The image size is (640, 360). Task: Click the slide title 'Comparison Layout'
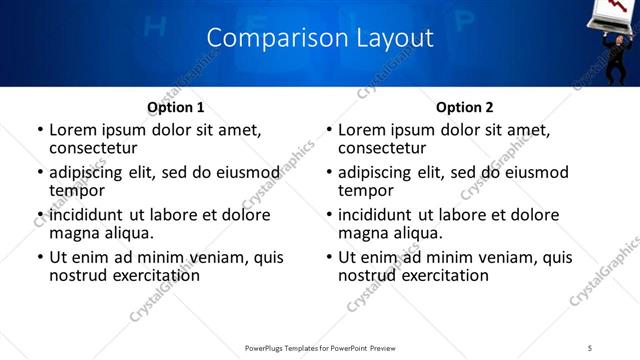pyautogui.click(x=320, y=38)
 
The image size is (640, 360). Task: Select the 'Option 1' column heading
pyautogui.click(x=175, y=107)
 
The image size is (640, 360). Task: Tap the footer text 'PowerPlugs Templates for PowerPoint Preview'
pyautogui.click(x=319, y=347)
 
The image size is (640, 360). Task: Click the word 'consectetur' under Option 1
pyautogui.click(x=93, y=147)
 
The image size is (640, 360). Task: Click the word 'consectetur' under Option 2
pyautogui.click(x=382, y=147)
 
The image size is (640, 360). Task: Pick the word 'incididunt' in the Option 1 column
pyautogui.click(x=88, y=215)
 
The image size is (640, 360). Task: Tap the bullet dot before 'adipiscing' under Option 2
pyautogui.click(x=330, y=173)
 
